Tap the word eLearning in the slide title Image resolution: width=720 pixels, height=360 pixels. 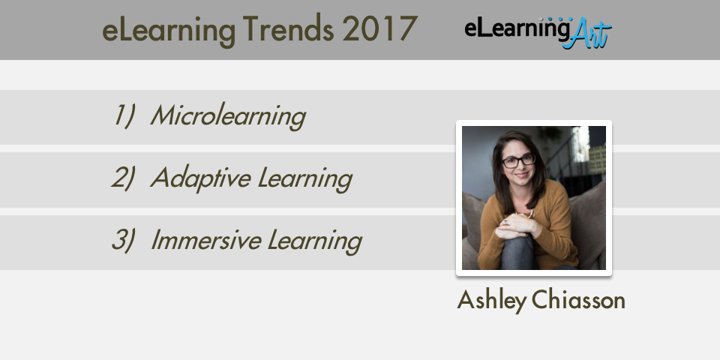(169, 30)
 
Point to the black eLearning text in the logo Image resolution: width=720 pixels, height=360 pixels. (517, 28)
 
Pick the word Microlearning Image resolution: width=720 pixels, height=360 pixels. (228, 116)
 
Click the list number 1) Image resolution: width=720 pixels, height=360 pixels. (124, 115)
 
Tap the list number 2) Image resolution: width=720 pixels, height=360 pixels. (123, 178)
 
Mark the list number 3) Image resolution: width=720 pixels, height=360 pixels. (123, 240)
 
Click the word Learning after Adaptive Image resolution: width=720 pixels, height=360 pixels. (305, 179)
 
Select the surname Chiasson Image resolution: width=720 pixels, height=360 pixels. (578, 300)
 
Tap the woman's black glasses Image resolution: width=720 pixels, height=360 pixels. (518, 160)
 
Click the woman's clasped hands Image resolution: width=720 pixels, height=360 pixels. (514, 226)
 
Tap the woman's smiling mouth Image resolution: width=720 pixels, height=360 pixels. (521, 175)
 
